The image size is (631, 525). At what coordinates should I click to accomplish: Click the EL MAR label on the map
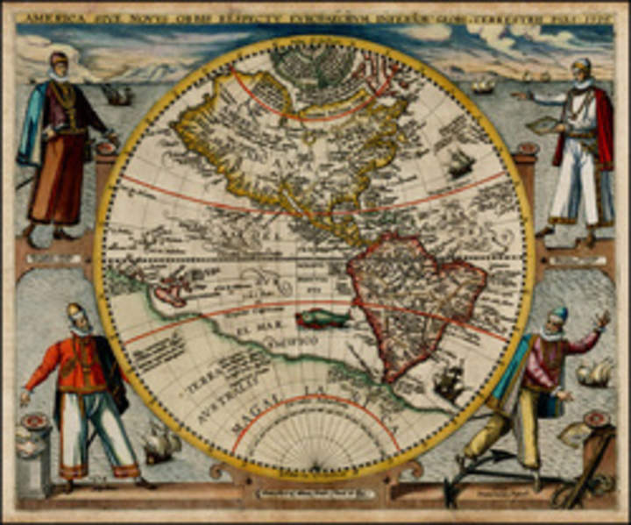249,331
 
